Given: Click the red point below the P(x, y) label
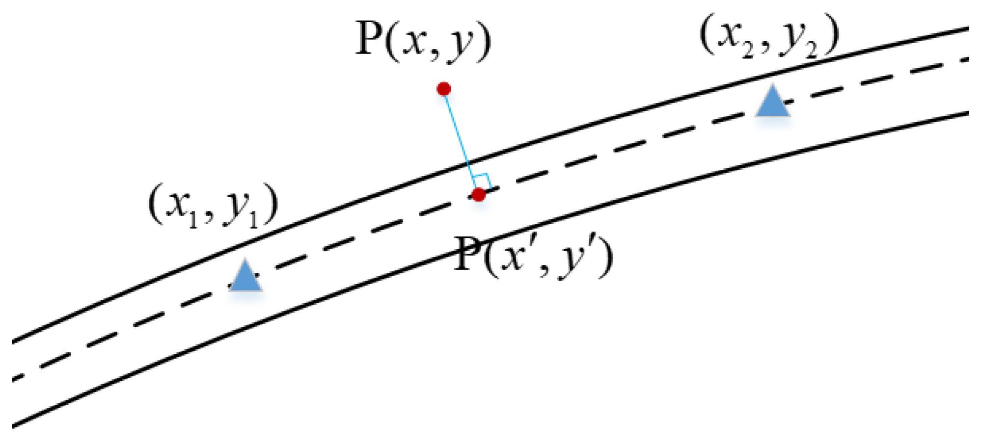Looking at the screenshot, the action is [443, 89].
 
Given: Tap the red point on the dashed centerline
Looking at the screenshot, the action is [478, 195].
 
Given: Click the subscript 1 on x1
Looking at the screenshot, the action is [193, 221].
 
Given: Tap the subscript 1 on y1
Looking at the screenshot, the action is [253, 221].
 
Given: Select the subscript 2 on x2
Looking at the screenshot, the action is [748, 51].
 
